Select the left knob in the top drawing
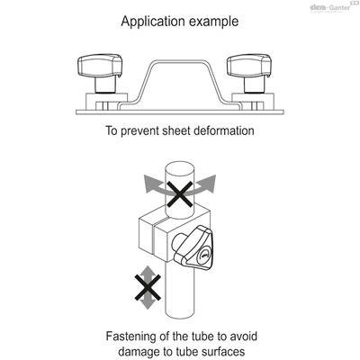point(100,72)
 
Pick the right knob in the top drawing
point(249,72)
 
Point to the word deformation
point(224,130)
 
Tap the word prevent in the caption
point(139,131)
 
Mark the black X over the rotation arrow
point(180,194)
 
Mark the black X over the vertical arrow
point(148,287)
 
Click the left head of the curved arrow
point(148,184)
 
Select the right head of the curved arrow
point(211,183)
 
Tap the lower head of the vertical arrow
point(148,304)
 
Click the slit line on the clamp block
point(154,240)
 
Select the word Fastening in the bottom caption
point(131,337)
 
